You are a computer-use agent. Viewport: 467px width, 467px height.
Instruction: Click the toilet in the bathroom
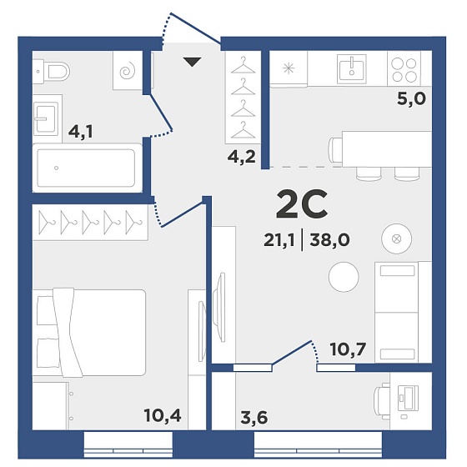[51, 72]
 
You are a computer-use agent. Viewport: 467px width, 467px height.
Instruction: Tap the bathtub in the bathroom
[87, 168]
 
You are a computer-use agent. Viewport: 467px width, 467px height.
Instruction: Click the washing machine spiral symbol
[128, 71]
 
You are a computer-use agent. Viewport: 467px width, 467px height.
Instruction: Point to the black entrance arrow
[192, 62]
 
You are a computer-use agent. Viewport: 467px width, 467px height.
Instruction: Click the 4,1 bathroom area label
[81, 132]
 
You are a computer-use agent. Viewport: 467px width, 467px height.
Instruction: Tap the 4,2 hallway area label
[242, 157]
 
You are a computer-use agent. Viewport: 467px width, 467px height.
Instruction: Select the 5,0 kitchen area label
[411, 98]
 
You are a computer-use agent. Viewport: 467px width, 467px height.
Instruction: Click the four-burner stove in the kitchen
[404, 70]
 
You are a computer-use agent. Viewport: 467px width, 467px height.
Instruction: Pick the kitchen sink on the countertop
[352, 68]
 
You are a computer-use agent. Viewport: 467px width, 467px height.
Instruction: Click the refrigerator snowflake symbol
[289, 68]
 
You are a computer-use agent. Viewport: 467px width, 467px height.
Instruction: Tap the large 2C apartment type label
[302, 204]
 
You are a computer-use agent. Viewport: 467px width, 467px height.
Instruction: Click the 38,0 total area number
[329, 240]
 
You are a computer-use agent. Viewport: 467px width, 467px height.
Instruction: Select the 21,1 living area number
[279, 240]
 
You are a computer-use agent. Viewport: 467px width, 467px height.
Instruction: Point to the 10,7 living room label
[349, 349]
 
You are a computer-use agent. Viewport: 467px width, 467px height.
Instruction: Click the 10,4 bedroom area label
[163, 415]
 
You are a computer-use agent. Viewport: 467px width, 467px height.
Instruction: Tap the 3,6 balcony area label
[254, 417]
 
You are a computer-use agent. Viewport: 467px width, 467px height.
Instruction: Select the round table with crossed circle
[396, 239]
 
